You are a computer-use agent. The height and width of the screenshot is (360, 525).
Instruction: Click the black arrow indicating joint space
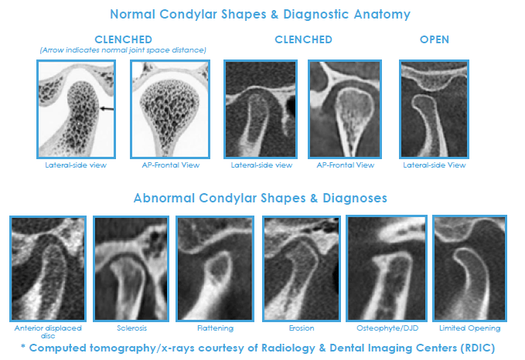pyautogui.click(x=107, y=108)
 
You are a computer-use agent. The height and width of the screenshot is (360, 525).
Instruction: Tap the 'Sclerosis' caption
pyautogui.click(x=131, y=328)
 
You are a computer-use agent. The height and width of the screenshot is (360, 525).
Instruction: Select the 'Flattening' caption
pyautogui.click(x=215, y=328)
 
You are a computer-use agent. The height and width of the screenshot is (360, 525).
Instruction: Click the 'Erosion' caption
pyautogui.click(x=302, y=328)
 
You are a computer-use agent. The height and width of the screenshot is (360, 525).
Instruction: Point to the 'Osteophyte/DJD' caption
pyautogui.click(x=387, y=328)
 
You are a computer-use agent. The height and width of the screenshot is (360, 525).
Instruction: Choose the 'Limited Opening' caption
pyautogui.click(x=470, y=328)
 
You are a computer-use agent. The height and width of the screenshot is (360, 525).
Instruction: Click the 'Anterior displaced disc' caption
pyautogui.click(x=48, y=332)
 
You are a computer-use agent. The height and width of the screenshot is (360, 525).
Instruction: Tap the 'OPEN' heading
pyautogui.click(x=435, y=39)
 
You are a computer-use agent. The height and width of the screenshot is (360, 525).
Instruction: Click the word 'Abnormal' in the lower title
pyautogui.click(x=164, y=198)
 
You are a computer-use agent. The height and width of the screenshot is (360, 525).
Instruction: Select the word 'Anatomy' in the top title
pyautogui.click(x=382, y=15)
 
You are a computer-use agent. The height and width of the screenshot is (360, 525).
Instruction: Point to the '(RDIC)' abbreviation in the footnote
pyautogui.click(x=478, y=348)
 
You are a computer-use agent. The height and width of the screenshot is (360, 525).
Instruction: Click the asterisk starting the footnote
pyautogui.click(x=22, y=346)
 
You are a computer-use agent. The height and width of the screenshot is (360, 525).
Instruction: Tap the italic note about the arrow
pyautogui.click(x=123, y=50)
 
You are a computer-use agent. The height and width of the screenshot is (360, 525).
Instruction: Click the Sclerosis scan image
pyautogui.click(x=131, y=269)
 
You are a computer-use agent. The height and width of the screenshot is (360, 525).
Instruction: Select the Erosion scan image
pyautogui.click(x=302, y=269)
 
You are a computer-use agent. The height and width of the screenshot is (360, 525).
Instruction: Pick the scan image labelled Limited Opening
pyautogui.click(x=470, y=268)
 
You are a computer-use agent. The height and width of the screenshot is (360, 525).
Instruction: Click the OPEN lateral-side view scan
pyautogui.click(x=434, y=109)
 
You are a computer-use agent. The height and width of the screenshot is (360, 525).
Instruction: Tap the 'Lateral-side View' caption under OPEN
pyautogui.click(x=435, y=165)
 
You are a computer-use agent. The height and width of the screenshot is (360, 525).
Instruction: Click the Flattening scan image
pyautogui.click(x=215, y=269)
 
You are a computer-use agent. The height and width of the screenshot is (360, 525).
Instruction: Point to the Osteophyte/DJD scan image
pyautogui.click(x=387, y=268)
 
